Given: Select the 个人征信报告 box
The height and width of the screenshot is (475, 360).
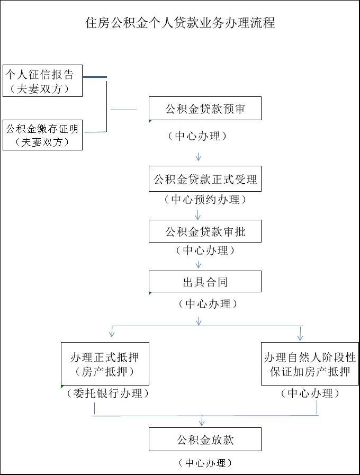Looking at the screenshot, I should click(x=42, y=80).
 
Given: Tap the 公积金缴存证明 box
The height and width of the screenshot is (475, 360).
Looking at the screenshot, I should click(x=42, y=135).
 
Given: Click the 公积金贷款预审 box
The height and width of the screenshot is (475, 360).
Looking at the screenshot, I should click(x=205, y=109).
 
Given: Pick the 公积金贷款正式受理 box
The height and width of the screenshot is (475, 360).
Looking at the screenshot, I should click(x=205, y=180).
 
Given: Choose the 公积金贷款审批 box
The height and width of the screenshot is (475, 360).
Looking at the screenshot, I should click(x=205, y=231).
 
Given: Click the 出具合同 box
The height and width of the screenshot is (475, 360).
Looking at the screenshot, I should click(x=205, y=281).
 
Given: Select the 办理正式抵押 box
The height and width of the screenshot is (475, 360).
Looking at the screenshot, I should click(x=105, y=364).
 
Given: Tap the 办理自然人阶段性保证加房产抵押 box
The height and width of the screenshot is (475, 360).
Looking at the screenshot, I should click(x=310, y=364).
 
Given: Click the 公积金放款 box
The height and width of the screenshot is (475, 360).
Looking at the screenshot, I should click(x=205, y=440).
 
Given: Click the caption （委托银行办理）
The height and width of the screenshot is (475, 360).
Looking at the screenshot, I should click(x=107, y=393).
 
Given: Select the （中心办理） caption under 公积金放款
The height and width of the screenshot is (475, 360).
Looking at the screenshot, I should click(x=205, y=463).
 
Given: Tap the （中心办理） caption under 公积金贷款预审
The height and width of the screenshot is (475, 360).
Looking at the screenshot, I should click(x=197, y=136).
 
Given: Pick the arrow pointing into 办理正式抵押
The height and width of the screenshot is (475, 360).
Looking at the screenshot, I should click(x=112, y=332).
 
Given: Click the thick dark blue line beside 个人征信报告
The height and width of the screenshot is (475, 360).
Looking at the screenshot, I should click(x=95, y=77).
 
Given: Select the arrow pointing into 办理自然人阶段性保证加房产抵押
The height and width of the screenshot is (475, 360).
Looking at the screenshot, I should click(x=300, y=334).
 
